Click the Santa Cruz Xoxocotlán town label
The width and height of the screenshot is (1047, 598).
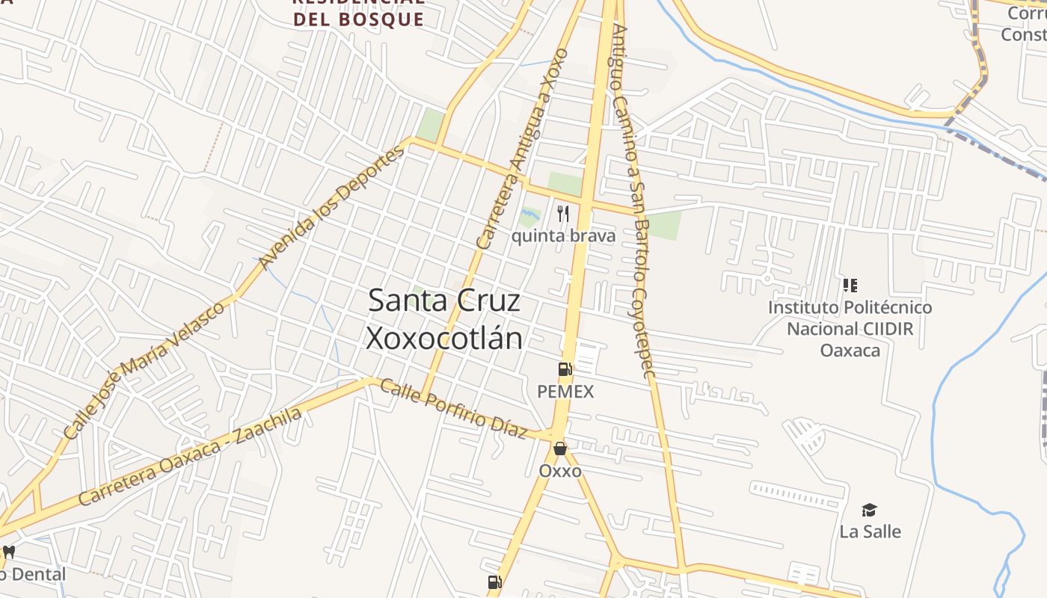[444, 319]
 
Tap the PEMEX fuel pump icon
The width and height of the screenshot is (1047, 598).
[565, 369]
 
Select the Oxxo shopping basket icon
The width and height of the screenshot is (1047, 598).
[560, 449]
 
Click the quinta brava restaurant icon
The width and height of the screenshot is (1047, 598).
[563, 214]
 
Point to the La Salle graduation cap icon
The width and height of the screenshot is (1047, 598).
[869, 510]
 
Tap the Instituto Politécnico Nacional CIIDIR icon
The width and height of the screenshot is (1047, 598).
[850, 285]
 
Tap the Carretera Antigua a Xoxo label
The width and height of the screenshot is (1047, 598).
[523, 149]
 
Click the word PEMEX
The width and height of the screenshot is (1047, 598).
[565, 392]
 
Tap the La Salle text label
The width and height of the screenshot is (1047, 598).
[870, 532]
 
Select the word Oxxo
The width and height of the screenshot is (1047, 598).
[560, 471]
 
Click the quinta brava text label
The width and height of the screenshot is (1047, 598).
[563, 236]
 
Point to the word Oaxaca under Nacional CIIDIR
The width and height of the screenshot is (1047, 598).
[850, 350]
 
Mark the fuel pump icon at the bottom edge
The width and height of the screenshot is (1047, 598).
[494, 582]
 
